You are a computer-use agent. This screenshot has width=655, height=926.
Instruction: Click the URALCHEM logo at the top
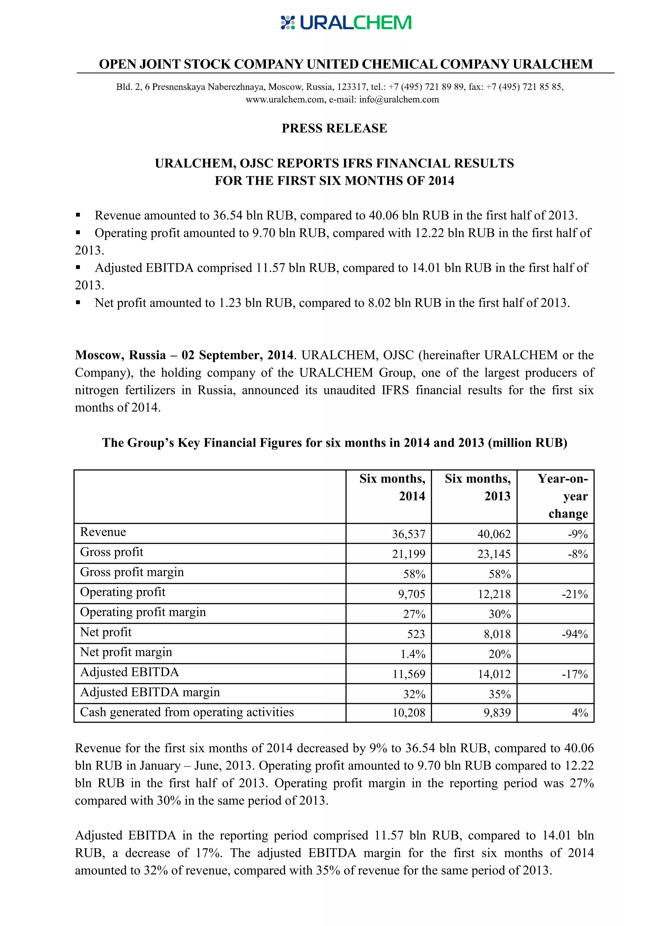pos(346,23)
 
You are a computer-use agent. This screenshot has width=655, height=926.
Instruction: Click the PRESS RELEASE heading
pos(334,128)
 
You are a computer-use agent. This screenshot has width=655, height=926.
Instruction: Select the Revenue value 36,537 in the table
pos(408,534)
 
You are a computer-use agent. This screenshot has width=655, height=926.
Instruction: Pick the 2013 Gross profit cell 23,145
pos(494,554)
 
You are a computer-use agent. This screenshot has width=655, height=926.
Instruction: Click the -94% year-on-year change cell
pos(575,634)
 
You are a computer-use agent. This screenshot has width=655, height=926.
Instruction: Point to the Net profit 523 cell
pos(416,634)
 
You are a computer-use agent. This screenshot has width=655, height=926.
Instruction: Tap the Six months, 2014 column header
pos(392,487)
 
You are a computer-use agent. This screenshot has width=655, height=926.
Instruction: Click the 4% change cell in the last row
pos(580,713)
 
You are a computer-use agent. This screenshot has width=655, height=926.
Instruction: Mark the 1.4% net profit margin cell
pos(413,654)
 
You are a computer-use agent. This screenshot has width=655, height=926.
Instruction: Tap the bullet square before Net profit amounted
pos(78,302)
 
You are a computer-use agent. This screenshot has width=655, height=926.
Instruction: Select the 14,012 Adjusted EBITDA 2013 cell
pos(494,674)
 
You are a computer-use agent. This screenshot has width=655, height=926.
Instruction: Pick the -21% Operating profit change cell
pos(575,594)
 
